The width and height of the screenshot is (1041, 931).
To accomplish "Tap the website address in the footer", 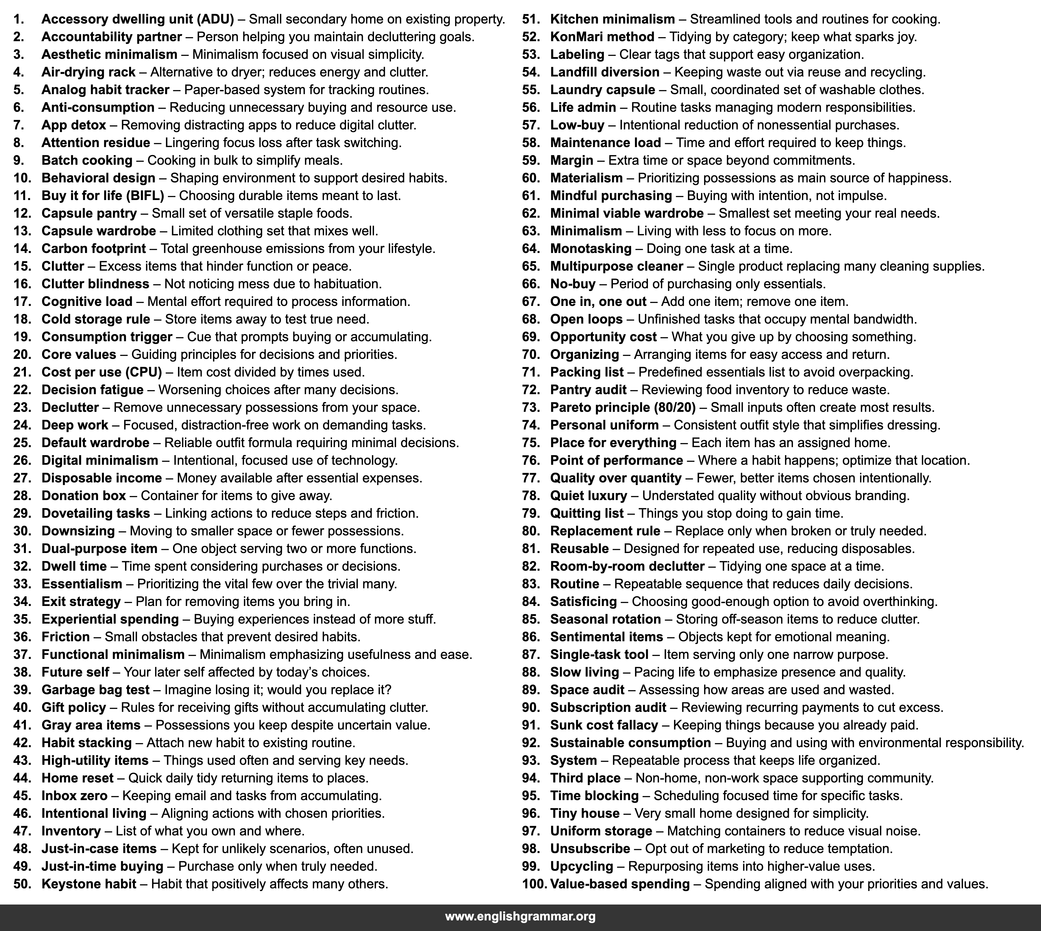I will coord(520,916).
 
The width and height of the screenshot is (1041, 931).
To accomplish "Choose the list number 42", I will coord(22,743).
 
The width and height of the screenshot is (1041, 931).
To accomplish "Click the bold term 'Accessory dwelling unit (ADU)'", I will coord(138,19).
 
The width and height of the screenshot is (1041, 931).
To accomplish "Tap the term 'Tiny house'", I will coord(585,813).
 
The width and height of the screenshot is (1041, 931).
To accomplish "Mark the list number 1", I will coord(19,19).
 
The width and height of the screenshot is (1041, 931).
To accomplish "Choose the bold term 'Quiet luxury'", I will coord(588,496).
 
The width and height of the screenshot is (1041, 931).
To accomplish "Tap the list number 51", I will coord(531,19).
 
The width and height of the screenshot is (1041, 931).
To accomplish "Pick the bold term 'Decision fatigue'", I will coord(93,390).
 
